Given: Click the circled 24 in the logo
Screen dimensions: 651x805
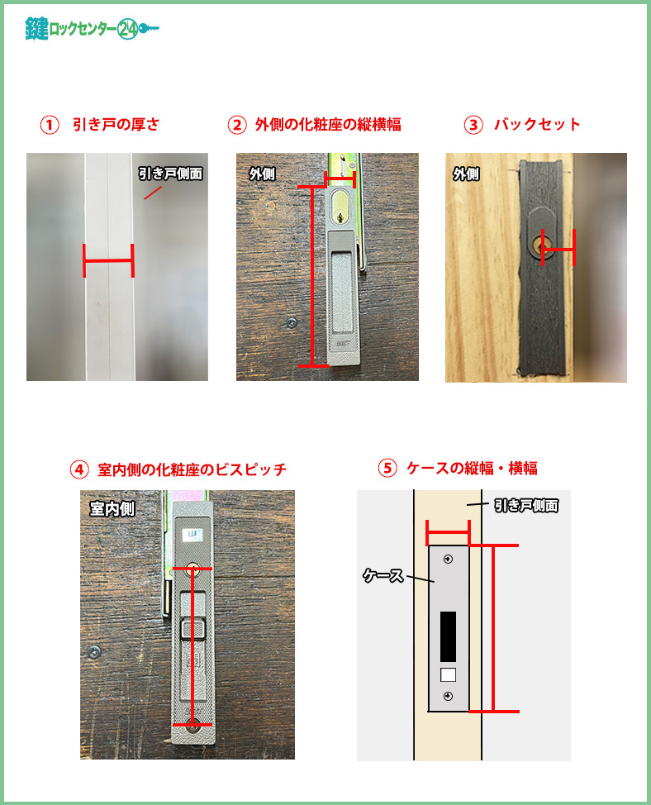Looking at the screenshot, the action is click(127, 29).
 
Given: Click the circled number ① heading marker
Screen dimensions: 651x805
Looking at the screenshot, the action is click(50, 125).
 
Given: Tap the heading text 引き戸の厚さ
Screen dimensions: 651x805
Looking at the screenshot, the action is click(116, 124).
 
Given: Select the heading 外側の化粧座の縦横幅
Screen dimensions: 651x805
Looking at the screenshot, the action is click(328, 125).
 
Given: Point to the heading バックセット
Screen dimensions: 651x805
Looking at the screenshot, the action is click(537, 124).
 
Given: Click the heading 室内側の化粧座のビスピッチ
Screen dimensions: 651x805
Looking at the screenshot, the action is click(192, 469).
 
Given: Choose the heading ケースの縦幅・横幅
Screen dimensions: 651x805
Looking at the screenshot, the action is click(472, 469).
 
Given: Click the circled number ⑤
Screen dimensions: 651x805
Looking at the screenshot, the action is click(387, 469).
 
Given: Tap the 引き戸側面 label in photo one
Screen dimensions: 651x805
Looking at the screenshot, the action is click(170, 174).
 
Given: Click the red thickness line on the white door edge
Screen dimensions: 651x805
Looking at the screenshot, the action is click(108, 261).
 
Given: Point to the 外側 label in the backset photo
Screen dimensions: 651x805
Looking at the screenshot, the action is click(466, 174).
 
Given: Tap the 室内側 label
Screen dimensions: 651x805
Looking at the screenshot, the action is click(112, 509).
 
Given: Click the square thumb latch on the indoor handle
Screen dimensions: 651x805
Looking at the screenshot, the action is click(193, 629).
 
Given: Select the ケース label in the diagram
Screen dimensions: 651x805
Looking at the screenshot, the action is click(383, 575).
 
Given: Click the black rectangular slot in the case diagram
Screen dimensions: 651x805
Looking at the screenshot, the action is click(448, 636).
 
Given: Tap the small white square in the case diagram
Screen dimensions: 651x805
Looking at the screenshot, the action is click(448, 674).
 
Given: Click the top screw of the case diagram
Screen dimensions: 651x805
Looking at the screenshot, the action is click(448, 559).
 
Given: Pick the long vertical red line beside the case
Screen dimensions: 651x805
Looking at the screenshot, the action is click(493, 628).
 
